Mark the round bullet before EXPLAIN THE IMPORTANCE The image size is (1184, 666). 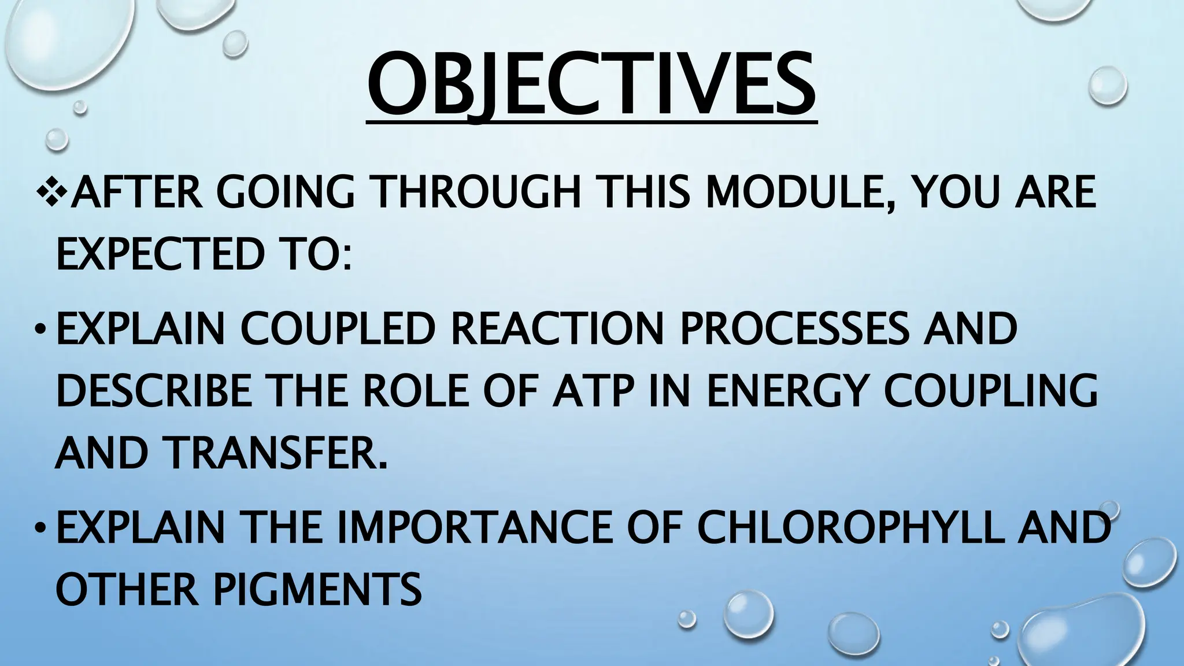(x=39, y=530)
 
